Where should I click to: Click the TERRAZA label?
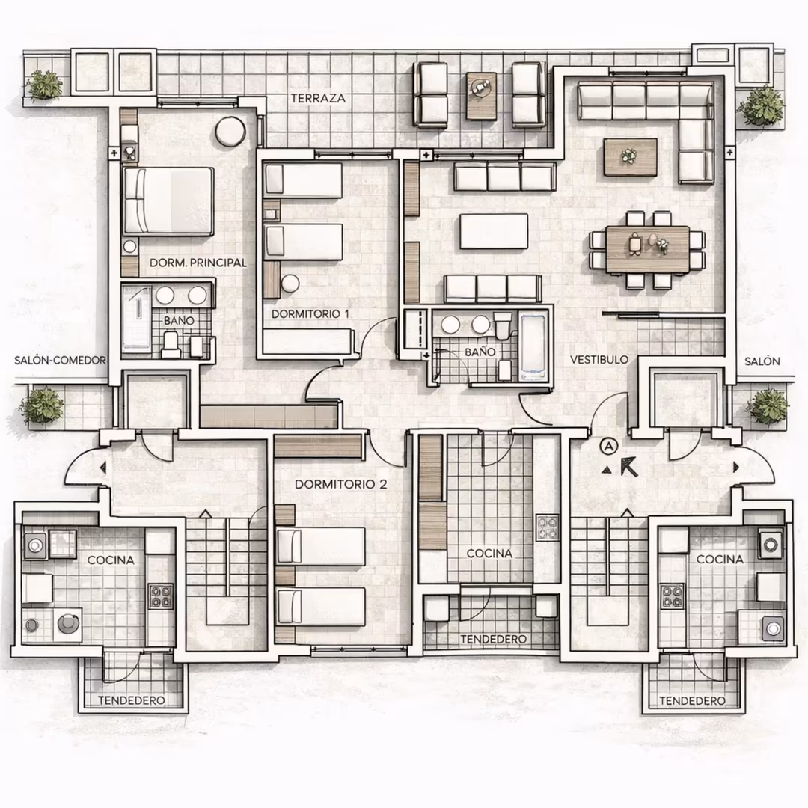click(x=317, y=98)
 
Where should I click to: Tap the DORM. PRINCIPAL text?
click(x=198, y=263)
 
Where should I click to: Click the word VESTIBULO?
click(x=599, y=360)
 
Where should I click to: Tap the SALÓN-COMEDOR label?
click(x=60, y=360)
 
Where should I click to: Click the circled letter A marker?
click(x=609, y=447)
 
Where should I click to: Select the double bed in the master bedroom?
click(x=168, y=201)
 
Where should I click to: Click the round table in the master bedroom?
click(x=230, y=132)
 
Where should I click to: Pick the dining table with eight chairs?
click(x=647, y=249)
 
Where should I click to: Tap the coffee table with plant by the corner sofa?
click(x=630, y=157)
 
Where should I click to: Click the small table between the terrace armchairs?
click(x=481, y=96)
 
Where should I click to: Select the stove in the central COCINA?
click(x=547, y=527)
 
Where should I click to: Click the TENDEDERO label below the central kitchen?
click(x=493, y=640)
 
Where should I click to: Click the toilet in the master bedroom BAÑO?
click(x=170, y=345)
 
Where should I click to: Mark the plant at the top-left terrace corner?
click(x=44, y=85)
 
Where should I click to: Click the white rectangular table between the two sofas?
click(x=494, y=231)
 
